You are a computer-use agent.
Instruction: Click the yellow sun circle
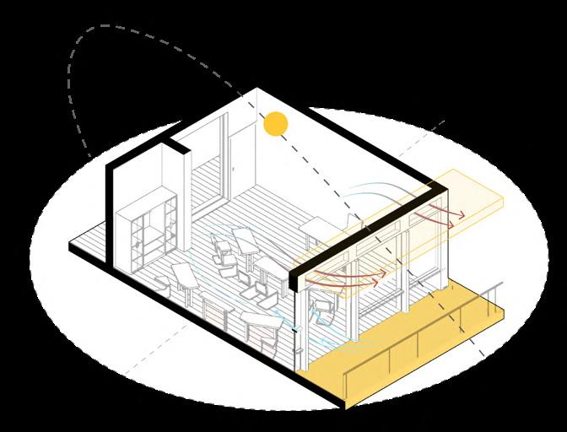click(275, 124)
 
